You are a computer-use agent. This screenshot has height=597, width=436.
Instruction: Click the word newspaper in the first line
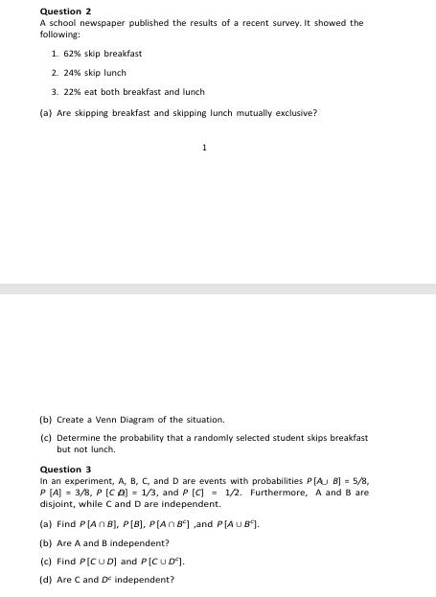[x=117, y=22]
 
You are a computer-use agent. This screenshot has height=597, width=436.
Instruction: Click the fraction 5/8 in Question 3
[x=355, y=482]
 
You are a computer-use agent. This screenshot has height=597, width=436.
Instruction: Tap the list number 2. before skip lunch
[x=55, y=73]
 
